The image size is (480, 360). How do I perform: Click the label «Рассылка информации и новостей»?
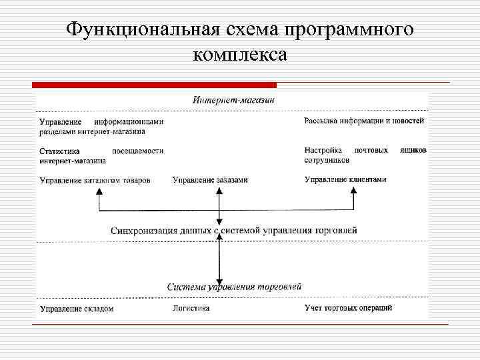[364, 121]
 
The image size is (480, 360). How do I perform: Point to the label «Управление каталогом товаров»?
[95, 180]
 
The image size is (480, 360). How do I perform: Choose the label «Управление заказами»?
[210, 180]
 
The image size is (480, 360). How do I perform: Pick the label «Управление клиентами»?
[345, 179]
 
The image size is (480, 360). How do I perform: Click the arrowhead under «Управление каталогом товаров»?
[99, 191]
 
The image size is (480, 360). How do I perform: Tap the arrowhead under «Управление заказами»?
[219, 191]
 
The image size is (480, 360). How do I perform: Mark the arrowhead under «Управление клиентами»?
[354, 191]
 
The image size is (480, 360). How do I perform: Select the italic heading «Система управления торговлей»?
[234, 286]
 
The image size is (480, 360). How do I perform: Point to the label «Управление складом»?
[77, 309]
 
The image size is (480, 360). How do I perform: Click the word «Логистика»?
[191, 308]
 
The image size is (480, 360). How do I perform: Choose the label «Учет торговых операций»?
[348, 308]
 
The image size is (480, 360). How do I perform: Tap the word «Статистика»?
[59, 151]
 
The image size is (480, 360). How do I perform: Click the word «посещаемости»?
[137, 151]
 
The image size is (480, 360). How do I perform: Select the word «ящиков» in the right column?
[413, 151]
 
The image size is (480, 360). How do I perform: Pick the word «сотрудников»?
[327, 161]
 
